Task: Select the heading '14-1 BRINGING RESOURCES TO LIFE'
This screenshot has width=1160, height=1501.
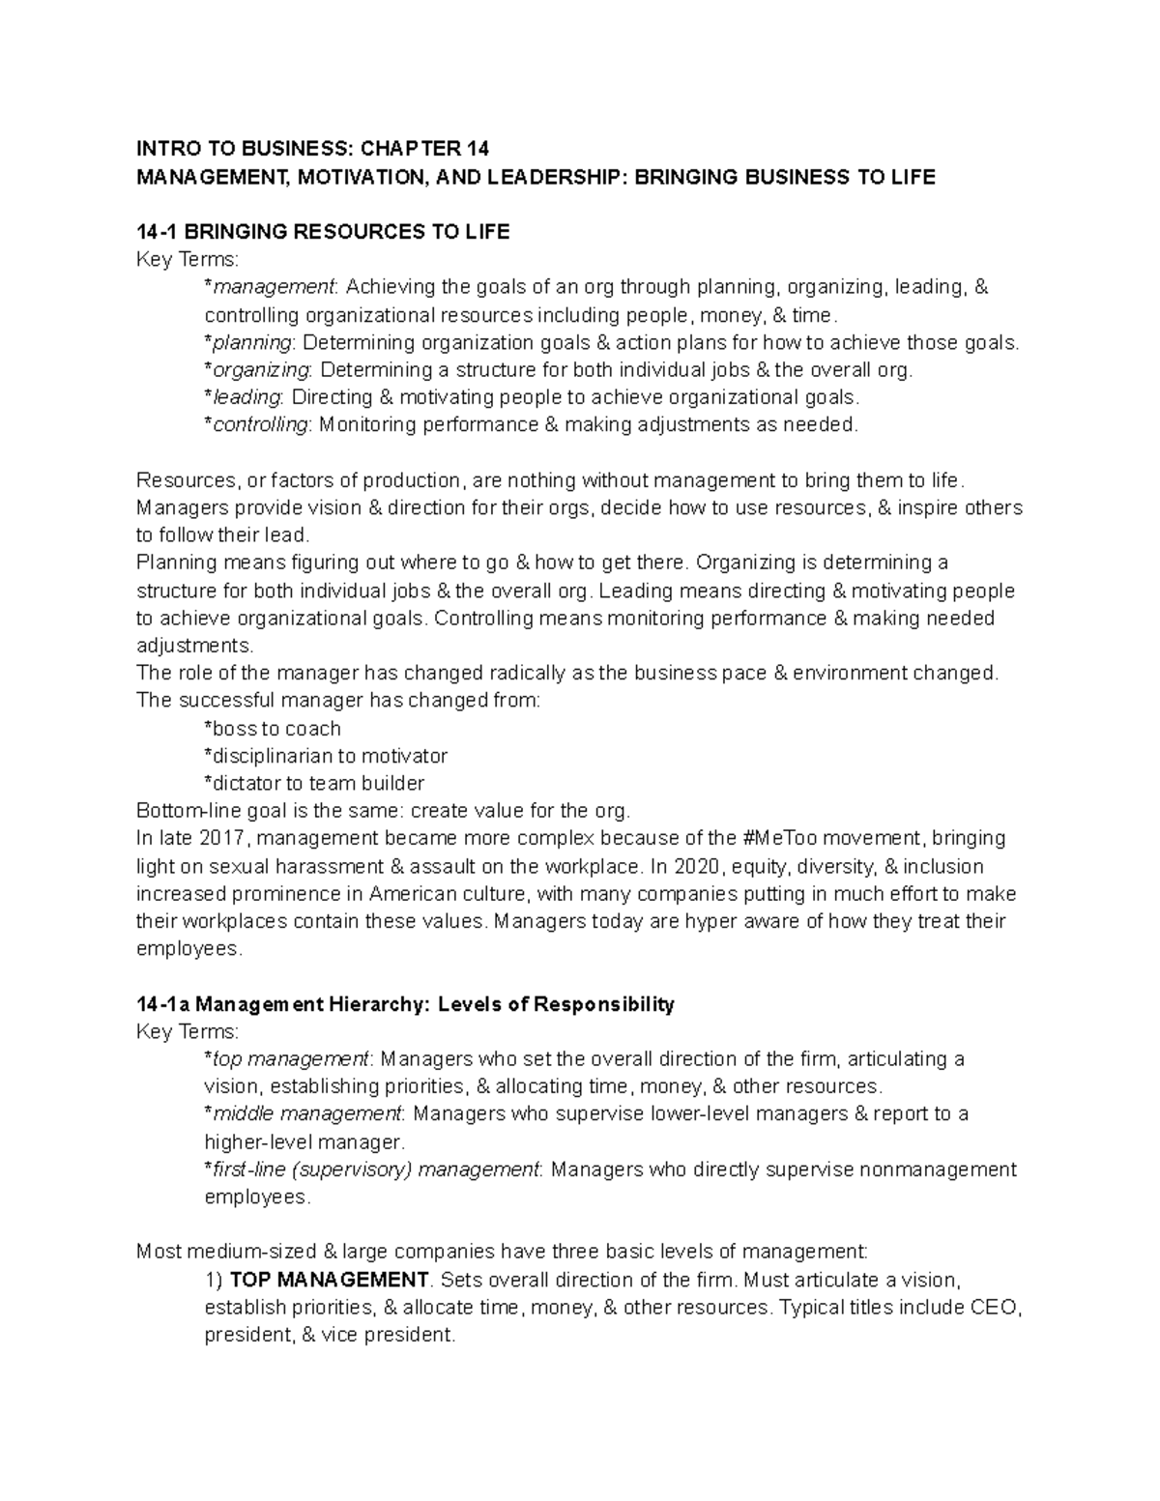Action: pyautogui.click(x=323, y=232)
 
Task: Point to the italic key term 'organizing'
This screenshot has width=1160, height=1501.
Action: pyautogui.click(x=260, y=370)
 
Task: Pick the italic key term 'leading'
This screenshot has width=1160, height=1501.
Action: pyautogui.click(x=246, y=397)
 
